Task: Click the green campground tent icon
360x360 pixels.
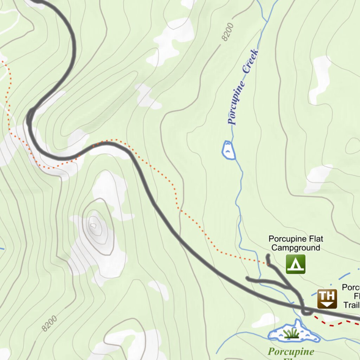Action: pos(295,264)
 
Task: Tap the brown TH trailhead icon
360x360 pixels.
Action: pos(327,299)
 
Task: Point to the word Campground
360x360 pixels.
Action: pos(296,248)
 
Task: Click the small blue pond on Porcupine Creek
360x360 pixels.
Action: pos(228,150)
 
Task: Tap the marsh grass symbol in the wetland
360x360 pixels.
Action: pos(291,333)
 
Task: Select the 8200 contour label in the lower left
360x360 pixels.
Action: pos(49,324)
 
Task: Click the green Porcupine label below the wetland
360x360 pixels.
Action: pos(291,351)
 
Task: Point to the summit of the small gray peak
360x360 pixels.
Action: pos(94,225)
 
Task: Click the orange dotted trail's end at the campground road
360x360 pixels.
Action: pos(268,263)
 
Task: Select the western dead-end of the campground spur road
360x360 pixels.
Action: pos(247,278)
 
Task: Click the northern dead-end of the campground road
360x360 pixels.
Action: pos(268,256)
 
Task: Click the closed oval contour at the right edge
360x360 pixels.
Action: pos(353,146)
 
